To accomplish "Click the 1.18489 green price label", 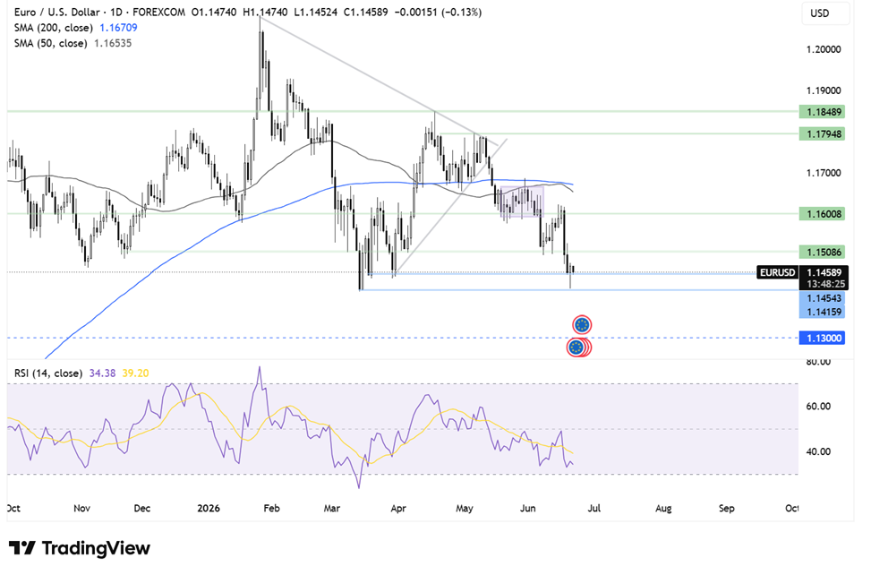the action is coord(822,112).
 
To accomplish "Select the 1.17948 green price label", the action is coord(822,133).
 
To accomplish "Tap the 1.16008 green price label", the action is coord(822,214).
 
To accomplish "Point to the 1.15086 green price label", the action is coord(822,253).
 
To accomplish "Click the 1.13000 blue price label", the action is coord(822,338).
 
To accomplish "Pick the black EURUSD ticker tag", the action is coord(778,272).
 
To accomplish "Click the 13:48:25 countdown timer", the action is coord(825,284).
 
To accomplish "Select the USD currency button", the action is coord(819,13).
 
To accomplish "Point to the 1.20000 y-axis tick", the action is coord(824,49).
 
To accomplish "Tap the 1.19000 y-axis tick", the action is coord(824,90).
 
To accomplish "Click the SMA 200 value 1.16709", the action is coord(118,28).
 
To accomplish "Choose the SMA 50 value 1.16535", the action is coord(113,43).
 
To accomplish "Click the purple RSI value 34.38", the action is coord(102,373).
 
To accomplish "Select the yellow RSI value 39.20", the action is coord(135,373).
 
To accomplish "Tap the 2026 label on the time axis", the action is coord(209,509).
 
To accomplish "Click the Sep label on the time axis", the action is coord(727,509).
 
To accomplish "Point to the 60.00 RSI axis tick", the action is coord(818,406).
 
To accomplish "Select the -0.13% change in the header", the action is coord(461,13).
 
